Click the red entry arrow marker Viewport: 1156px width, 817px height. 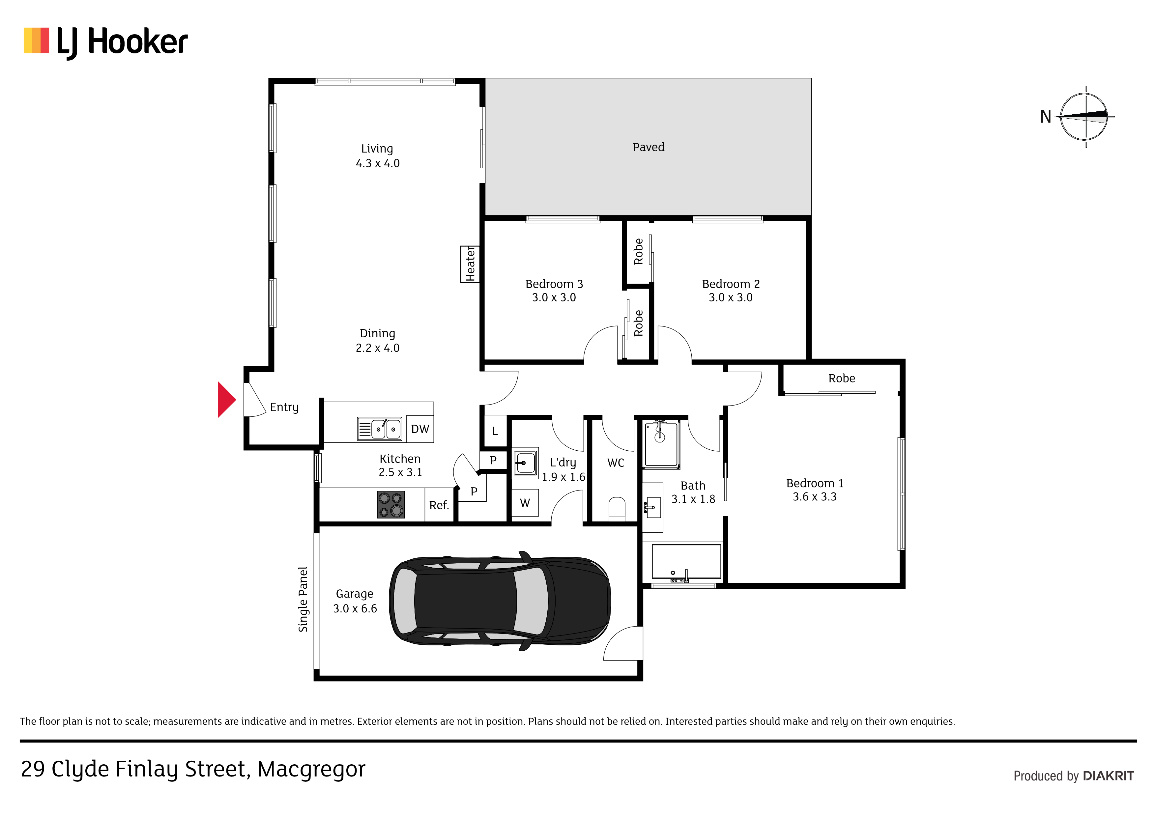click(x=226, y=400)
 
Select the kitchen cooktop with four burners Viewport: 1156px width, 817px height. click(x=391, y=505)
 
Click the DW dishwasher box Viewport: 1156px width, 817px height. click(x=420, y=429)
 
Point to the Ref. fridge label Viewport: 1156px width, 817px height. click(x=439, y=505)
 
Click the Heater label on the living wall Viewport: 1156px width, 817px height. click(x=470, y=264)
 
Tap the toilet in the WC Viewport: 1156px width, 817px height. click(x=617, y=508)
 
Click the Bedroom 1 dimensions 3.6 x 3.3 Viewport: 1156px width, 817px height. click(x=815, y=497)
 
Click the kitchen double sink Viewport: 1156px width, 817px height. click(x=380, y=429)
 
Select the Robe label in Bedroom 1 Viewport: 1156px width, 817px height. click(x=842, y=378)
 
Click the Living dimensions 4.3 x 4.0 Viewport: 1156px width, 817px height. click(x=378, y=163)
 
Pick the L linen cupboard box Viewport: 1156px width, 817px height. click(x=495, y=431)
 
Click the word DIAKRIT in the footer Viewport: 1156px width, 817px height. click(x=1108, y=776)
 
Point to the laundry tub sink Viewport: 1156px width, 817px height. click(x=525, y=463)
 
